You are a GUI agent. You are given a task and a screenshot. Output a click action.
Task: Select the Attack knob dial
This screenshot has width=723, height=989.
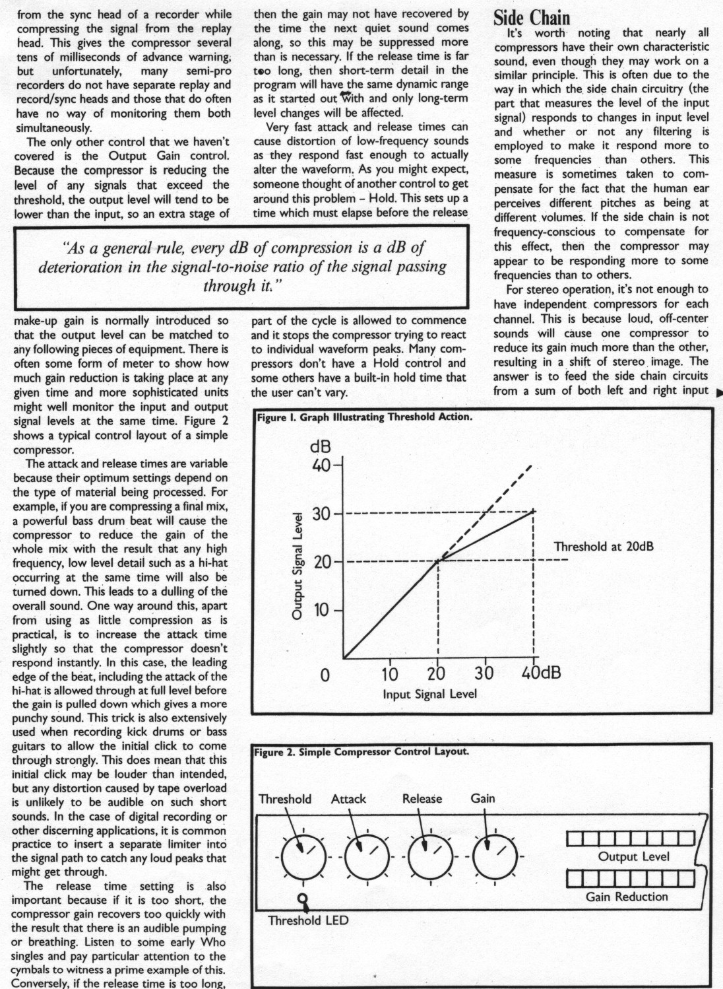(367, 858)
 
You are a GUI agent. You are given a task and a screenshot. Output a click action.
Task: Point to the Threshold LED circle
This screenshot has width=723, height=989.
(303, 899)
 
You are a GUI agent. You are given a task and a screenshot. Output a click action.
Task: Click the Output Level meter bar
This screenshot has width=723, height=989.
(631, 838)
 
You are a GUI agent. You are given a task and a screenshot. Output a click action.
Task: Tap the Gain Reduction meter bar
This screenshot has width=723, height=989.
(631, 878)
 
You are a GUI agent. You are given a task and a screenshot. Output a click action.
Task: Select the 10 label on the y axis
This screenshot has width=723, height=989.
(321, 610)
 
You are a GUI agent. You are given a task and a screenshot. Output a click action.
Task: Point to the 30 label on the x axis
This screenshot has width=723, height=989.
(484, 674)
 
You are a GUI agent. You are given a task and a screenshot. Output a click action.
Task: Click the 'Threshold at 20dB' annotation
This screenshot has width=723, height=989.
(604, 547)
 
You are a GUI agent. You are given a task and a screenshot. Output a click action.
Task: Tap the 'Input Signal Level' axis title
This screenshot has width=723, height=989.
(429, 694)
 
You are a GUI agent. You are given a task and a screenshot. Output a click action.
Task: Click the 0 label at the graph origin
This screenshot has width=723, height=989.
(325, 676)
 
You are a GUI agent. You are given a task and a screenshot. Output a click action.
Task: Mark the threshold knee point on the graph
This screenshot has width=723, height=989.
(439, 561)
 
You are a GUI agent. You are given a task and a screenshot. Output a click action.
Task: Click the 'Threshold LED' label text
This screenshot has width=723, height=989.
(308, 920)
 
